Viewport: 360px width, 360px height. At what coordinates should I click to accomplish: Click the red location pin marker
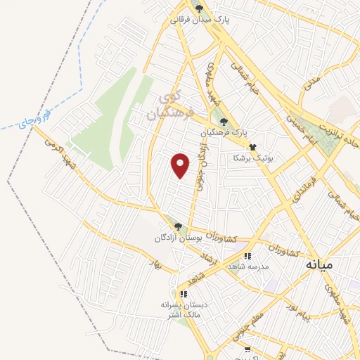tap(181, 165)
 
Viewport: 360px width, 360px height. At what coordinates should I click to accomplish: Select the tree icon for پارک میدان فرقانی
tap(201, 8)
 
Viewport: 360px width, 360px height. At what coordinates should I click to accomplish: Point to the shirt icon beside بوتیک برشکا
tap(252, 147)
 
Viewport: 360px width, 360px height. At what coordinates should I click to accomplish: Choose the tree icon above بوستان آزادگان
tap(178, 226)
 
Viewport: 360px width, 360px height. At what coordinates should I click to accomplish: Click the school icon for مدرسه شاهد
tap(247, 257)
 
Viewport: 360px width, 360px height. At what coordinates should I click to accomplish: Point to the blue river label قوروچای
tap(35, 120)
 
